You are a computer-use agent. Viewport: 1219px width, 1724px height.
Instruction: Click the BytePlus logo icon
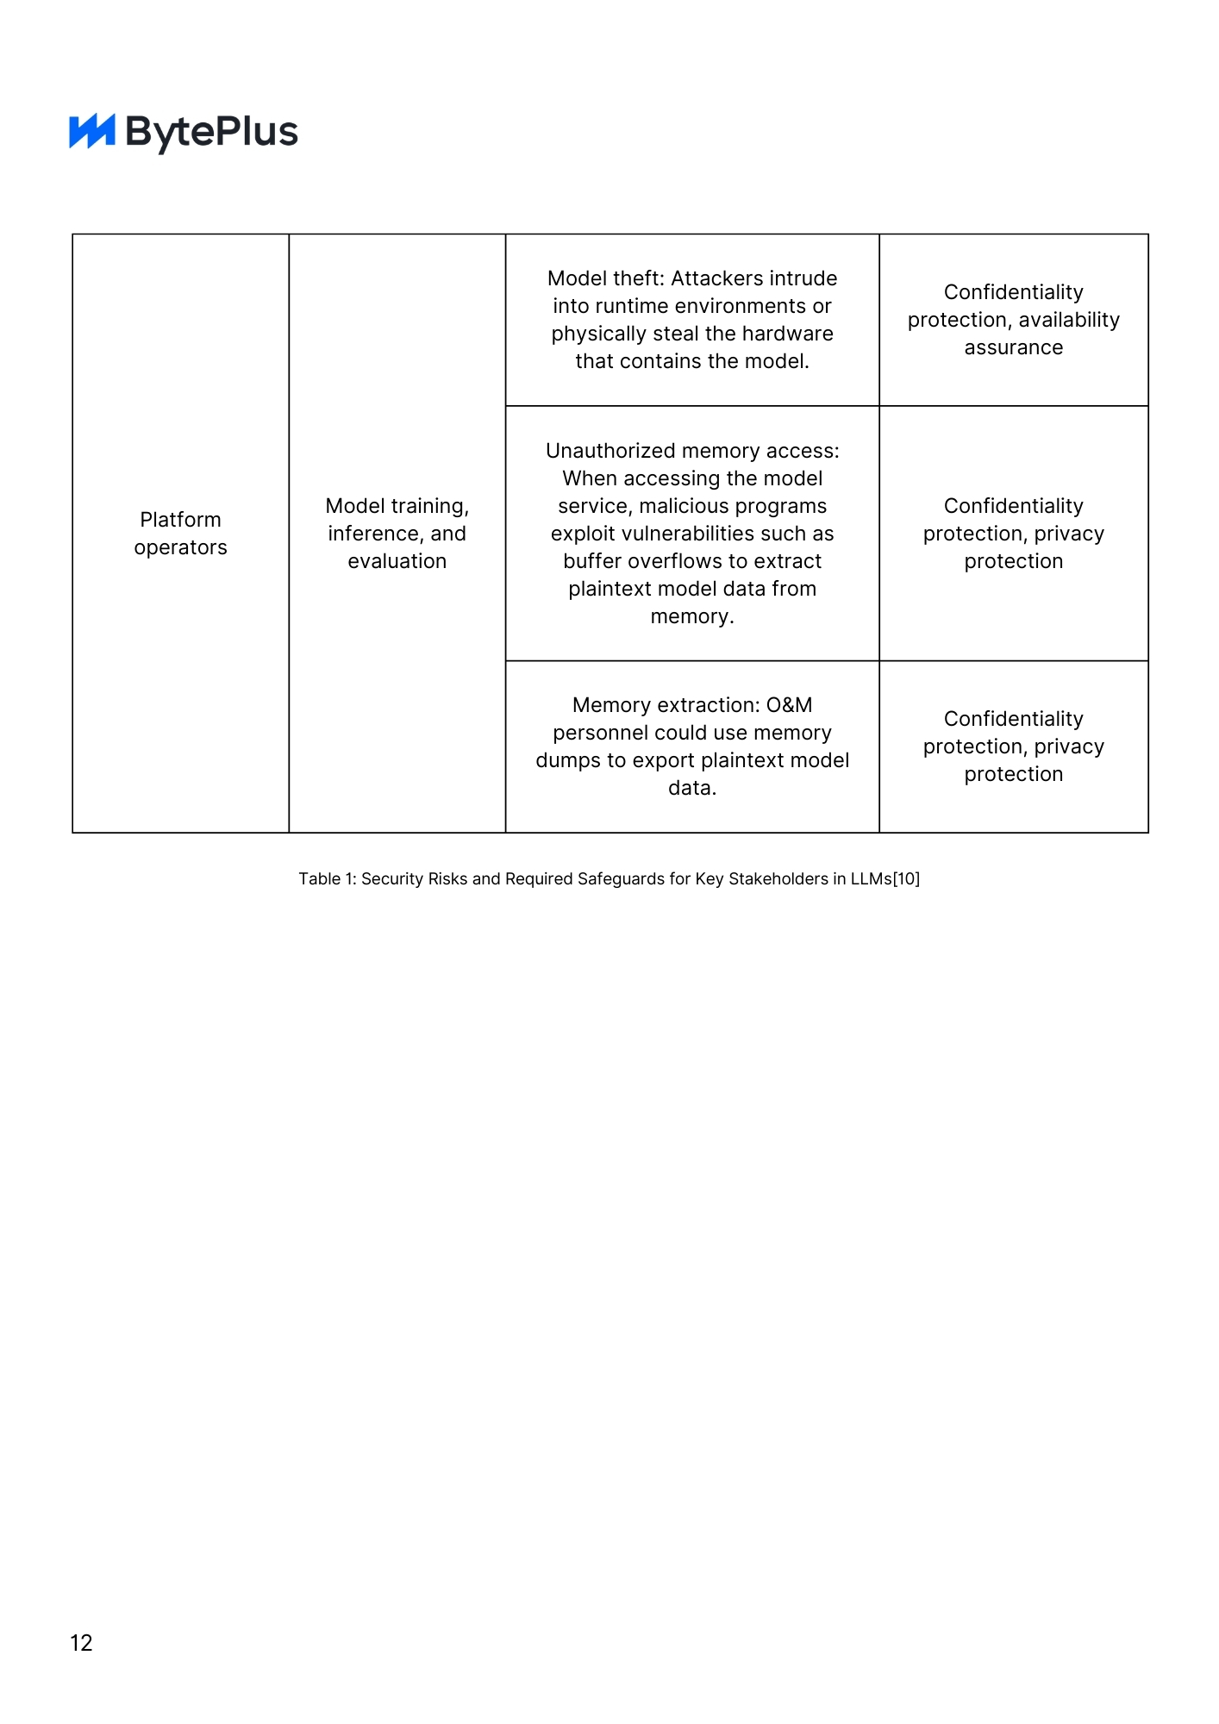[x=92, y=132]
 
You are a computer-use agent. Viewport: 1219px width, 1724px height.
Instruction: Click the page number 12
[x=81, y=1642]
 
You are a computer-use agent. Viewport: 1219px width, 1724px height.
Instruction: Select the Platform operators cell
[x=180, y=534]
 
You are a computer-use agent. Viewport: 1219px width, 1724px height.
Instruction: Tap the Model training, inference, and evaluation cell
[x=397, y=534]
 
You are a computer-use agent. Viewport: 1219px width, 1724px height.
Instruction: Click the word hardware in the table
[x=791, y=334]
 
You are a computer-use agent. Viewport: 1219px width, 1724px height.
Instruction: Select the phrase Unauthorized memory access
[x=691, y=451]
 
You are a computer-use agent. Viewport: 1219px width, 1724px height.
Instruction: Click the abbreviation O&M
[x=790, y=705]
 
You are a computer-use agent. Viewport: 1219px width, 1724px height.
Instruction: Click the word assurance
[x=1013, y=347]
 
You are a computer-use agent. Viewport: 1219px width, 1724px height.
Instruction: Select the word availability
[x=1069, y=320]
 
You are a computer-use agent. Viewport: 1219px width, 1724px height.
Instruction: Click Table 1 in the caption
[x=325, y=878]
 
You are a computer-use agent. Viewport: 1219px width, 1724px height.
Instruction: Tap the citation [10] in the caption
[x=906, y=878]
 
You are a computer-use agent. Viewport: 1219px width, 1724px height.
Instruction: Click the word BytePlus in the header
[x=212, y=132]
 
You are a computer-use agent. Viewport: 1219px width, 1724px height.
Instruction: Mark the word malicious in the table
[x=679, y=506]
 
